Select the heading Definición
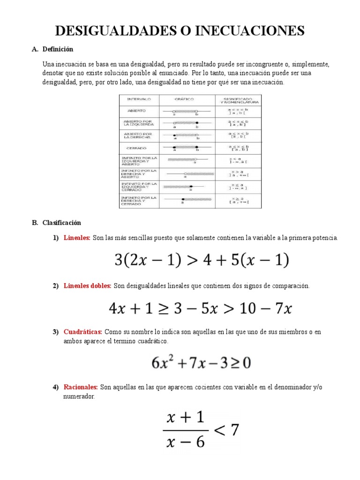(x=58, y=49)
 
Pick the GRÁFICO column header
(x=187, y=100)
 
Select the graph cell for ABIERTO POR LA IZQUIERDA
(x=187, y=124)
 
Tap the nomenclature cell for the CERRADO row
(x=238, y=148)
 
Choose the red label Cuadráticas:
(x=82, y=332)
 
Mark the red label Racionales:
(x=80, y=387)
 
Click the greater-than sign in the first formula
(x=192, y=260)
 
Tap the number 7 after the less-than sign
(x=235, y=430)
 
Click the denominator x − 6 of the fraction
(x=186, y=442)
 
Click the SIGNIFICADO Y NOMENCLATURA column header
(x=238, y=100)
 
